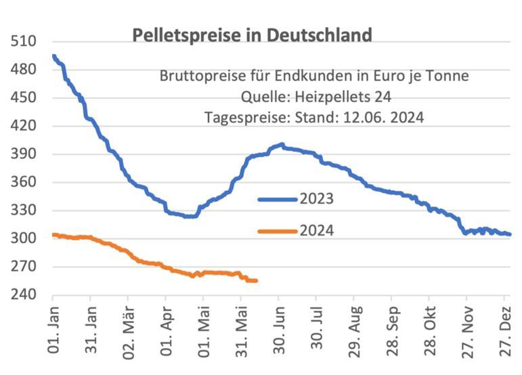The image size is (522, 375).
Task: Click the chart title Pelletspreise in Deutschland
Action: point(252,35)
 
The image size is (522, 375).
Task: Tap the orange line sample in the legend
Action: point(278,231)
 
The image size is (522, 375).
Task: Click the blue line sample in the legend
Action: point(278,199)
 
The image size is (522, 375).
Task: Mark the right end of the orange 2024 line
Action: point(256,280)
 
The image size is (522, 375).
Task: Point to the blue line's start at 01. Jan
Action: point(53,56)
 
